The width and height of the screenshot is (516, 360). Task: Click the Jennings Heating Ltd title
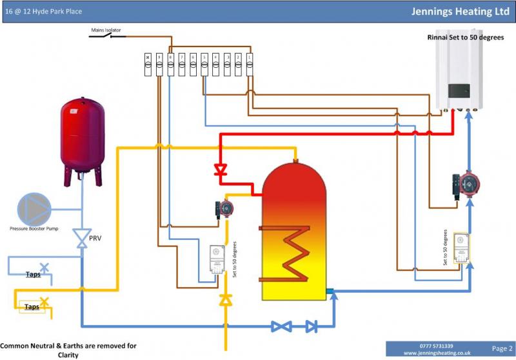tap(461, 12)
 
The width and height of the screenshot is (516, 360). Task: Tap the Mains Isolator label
tap(107, 30)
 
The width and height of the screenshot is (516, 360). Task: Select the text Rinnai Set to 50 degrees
tap(465, 38)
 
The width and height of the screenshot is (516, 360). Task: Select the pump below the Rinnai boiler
tap(466, 186)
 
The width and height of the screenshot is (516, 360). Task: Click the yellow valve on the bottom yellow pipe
tap(225, 300)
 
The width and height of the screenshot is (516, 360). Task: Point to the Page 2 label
tap(502, 348)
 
